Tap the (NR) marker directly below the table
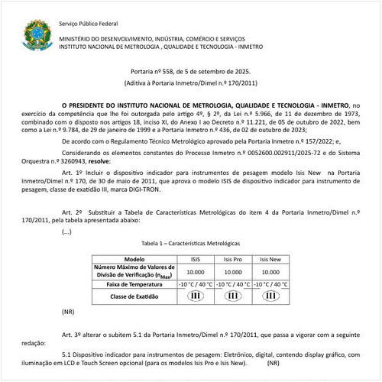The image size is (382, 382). (x=68, y=312)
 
